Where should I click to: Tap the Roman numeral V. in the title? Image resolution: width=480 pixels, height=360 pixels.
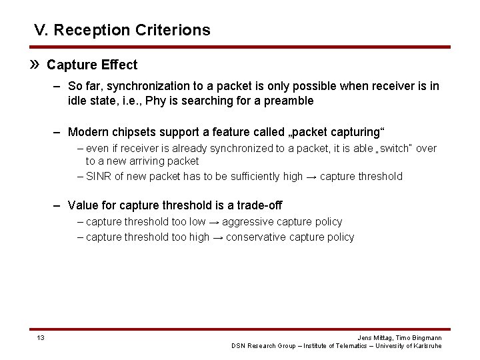[x=41, y=30]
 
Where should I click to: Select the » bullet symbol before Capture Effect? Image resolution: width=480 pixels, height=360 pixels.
[x=37, y=65]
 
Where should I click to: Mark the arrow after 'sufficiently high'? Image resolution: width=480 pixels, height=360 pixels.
[x=311, y=177]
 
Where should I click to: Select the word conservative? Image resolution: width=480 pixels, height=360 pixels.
[x=254, y=237]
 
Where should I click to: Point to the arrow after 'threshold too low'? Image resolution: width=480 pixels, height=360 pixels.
[x=213, y=222]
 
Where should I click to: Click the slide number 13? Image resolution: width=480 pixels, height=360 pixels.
[x=41, y=338]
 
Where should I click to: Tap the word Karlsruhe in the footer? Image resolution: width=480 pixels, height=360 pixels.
[x=424, y=346]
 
